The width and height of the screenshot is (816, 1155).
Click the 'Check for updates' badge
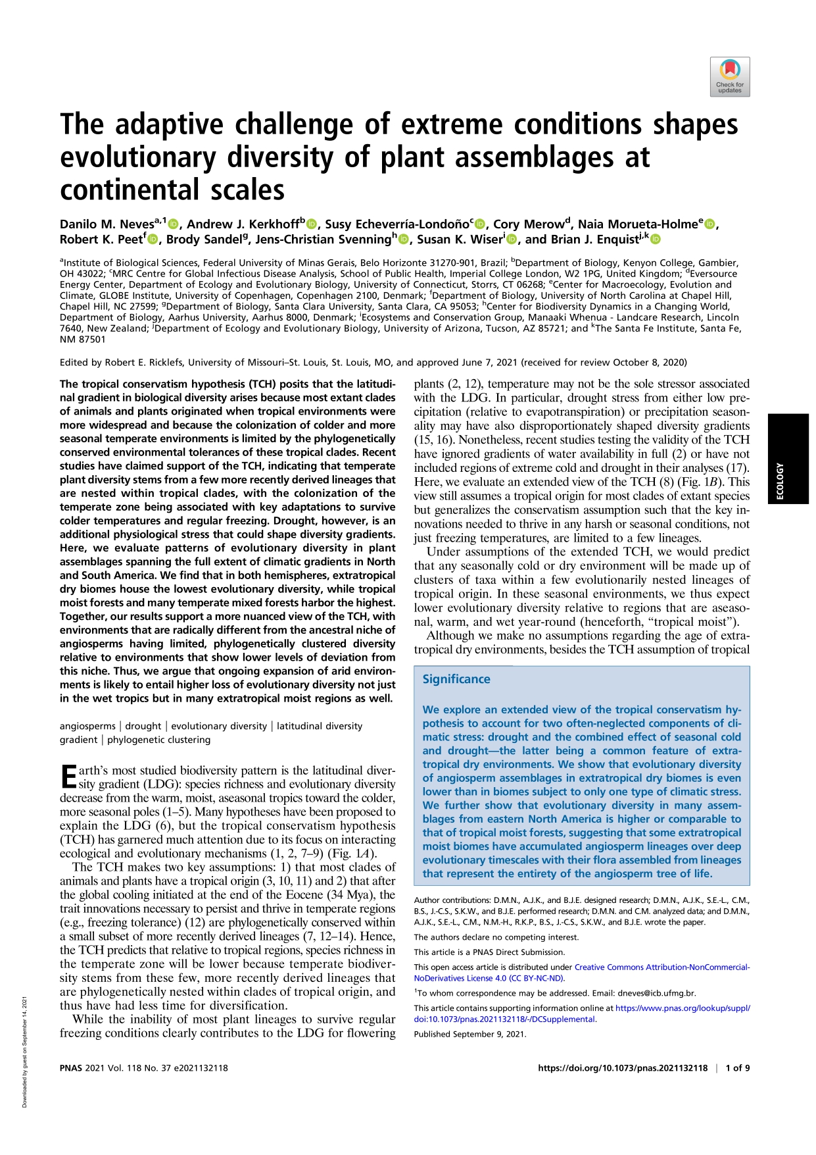pyautogui.click(x=730, y=77)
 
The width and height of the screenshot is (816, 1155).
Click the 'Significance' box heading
pyautogui.click(x=456, y=679)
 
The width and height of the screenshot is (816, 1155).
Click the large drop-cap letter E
pyautogui.click(x=68, y=776)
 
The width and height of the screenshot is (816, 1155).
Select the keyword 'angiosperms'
pyautogui.click(x=87, y=726)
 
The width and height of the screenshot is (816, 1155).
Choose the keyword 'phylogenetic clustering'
pyautogui.click(x=158, y=740)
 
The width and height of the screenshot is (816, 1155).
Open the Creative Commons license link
pyautogui.click(x=661, y=967)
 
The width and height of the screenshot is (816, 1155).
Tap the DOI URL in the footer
pyautogui.click(x=622, y=1068)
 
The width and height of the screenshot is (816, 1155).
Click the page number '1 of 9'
pyautogui.click(x=737, y=1068)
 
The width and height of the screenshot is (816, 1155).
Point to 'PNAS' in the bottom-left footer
pyautogui.click(x=71, y=1068)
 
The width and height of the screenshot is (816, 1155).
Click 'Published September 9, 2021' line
pyautogui.click(x=469, y=1034)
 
